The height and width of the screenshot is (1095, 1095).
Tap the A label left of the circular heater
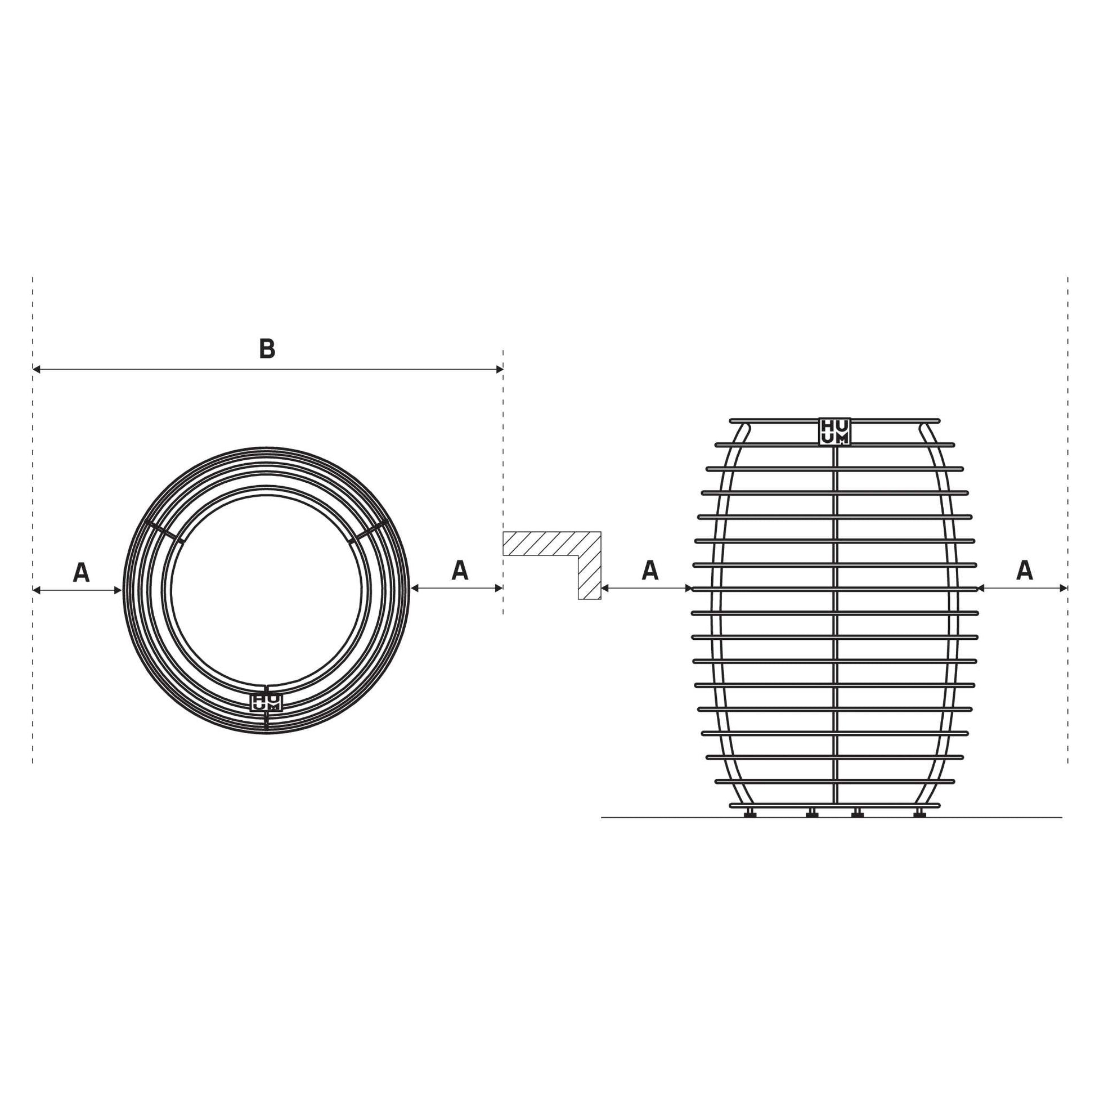(81, 572)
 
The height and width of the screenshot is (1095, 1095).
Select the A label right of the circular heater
(460, 570)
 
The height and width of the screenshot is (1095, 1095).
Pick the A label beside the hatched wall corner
(650, 570)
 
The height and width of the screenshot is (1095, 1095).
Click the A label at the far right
(1024, 570)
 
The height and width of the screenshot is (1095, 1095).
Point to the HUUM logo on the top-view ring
(266, 703)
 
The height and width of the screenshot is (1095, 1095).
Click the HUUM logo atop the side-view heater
(834, 432)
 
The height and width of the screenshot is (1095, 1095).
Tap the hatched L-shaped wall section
(567, 544)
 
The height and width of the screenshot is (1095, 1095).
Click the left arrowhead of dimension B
(36, 370)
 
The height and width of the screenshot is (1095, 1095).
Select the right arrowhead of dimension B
(499, 370)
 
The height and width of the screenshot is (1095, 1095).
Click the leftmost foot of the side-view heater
(750, 813)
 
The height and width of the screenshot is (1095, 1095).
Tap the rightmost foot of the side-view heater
(919, 813)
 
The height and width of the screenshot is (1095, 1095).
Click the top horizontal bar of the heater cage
(782, 420)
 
